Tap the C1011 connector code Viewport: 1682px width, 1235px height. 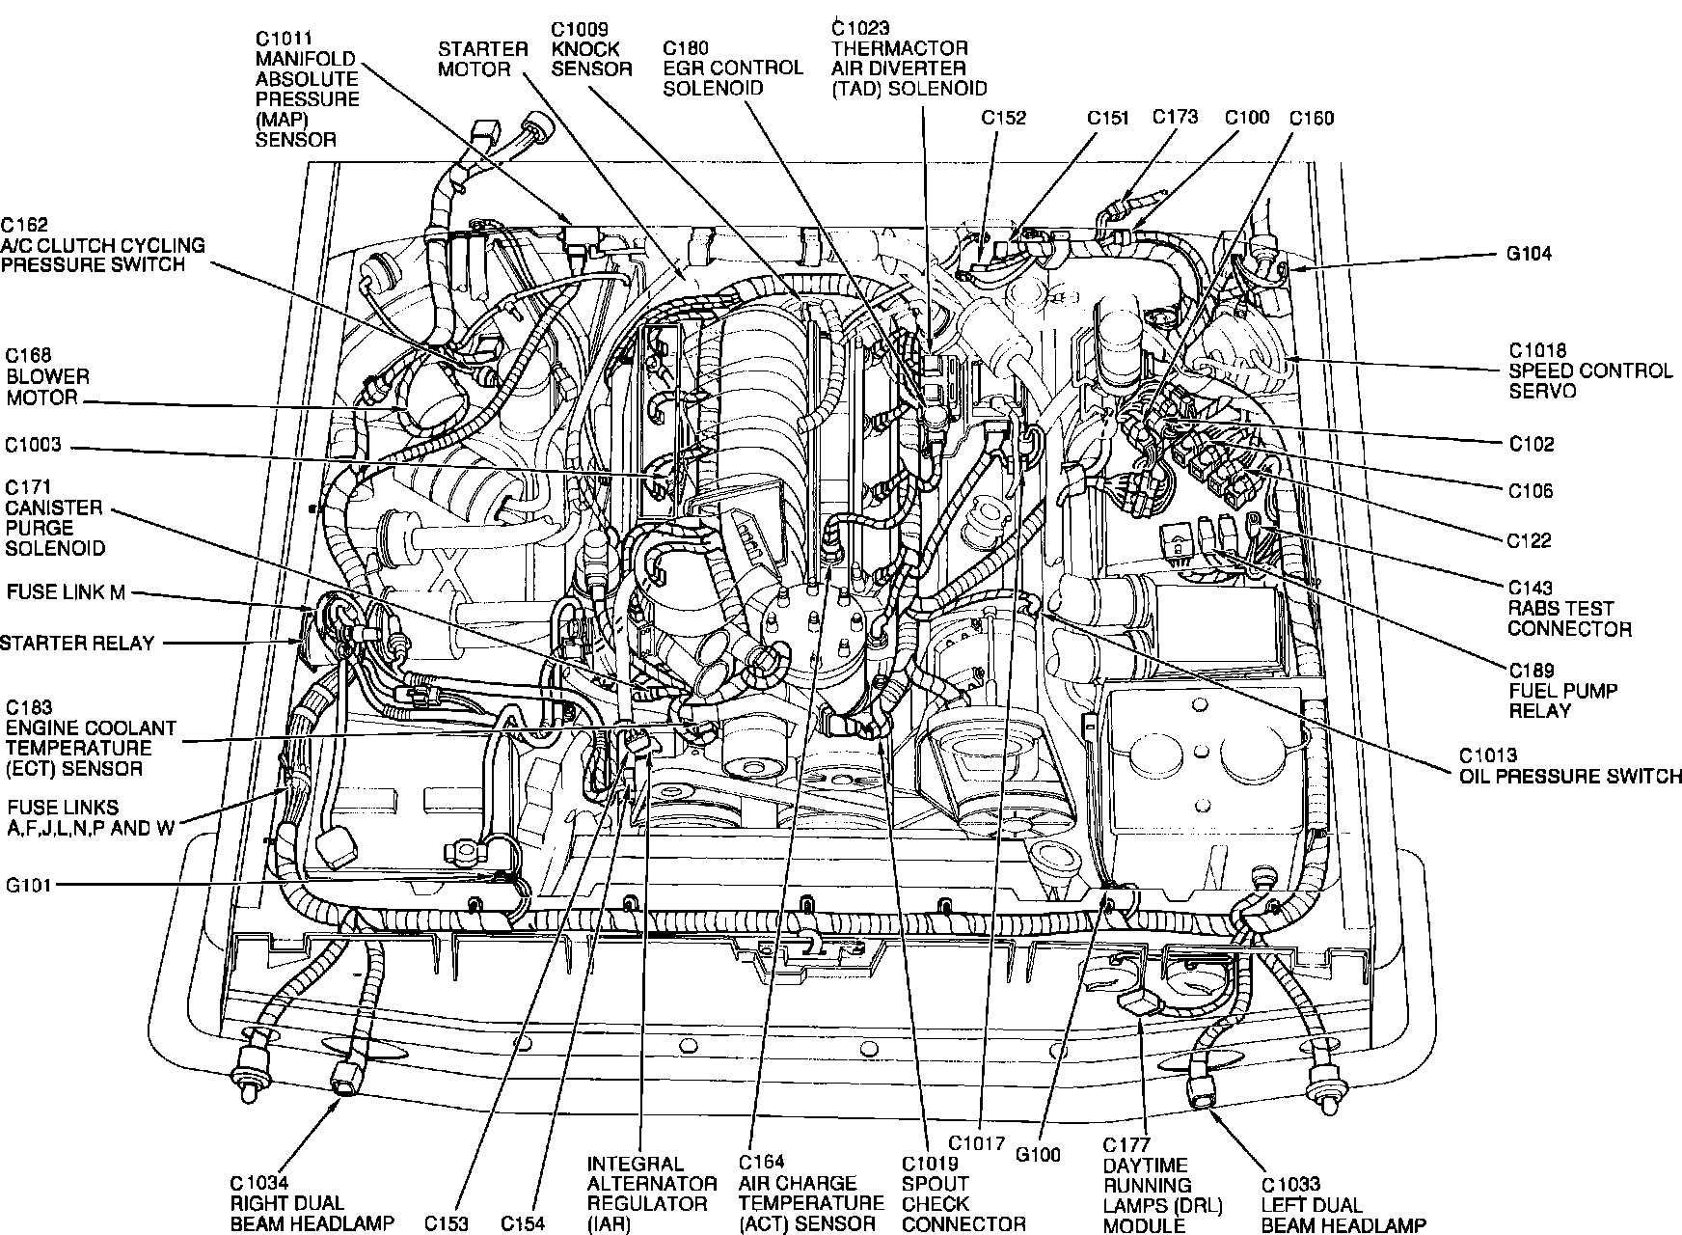click(285, 39)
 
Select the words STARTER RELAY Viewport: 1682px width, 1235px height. click(77, 644)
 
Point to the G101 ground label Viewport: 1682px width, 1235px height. click(28, 885)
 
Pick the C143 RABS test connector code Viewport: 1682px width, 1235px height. click(1531, 588)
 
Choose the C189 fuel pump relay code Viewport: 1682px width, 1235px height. click(1531, 671)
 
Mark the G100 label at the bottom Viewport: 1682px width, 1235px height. click(1037, 1154)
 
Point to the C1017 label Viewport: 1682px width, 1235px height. click(976, 1144)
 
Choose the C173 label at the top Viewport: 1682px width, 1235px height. click(1175, 117)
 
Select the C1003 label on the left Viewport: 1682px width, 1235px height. click(33, 445)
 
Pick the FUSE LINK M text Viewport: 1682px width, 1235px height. click(66, 592)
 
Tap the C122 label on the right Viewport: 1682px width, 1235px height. click(1530, 540)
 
